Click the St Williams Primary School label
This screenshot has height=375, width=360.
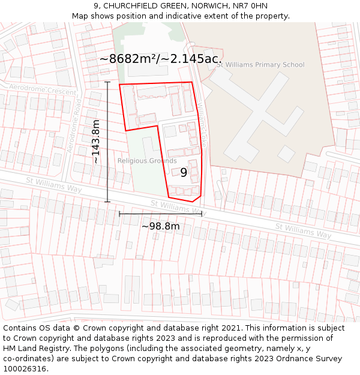coord(260,65)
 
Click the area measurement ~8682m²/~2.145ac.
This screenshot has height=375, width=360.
coord(160,59)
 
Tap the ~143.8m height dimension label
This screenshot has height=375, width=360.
coord(96,142)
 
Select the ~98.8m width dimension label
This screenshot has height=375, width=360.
coord(160,226)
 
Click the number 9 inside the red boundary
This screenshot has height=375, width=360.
coord(184,173)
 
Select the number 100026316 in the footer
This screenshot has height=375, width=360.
coord(25,369)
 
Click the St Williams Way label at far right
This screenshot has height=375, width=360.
coord(303,230)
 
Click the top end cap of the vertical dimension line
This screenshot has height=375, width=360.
coord(107,82)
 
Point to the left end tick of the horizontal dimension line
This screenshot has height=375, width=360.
coord(119,213)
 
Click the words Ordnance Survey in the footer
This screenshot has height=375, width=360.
coord(311,359)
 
